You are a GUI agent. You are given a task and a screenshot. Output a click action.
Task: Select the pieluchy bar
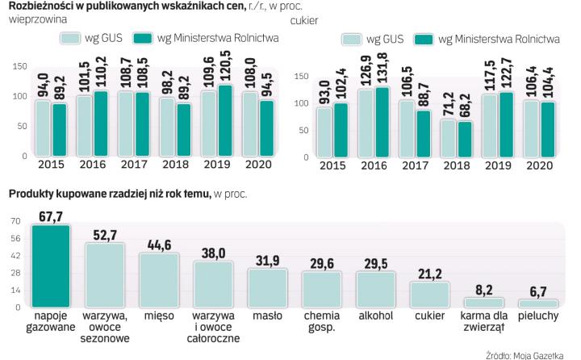[x=537, y=303]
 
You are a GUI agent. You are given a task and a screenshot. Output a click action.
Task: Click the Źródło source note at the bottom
[x=528, y=354]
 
